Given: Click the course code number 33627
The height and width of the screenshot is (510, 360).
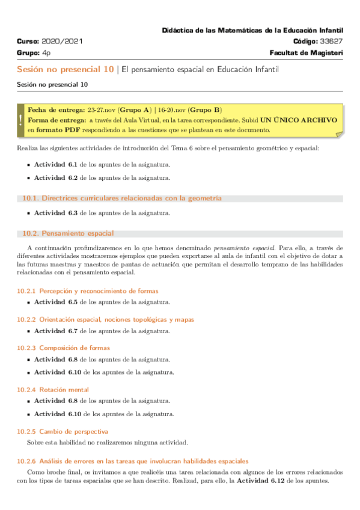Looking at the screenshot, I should [x=332, y=41].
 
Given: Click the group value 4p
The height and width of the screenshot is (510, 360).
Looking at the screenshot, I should [x=46, y=53].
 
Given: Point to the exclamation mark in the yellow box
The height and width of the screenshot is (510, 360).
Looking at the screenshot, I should [x=20, y=120].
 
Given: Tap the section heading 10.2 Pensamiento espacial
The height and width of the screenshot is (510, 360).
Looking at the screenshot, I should [x=68, y=233].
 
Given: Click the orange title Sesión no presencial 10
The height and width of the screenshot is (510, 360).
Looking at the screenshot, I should [x=66, y=70].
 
